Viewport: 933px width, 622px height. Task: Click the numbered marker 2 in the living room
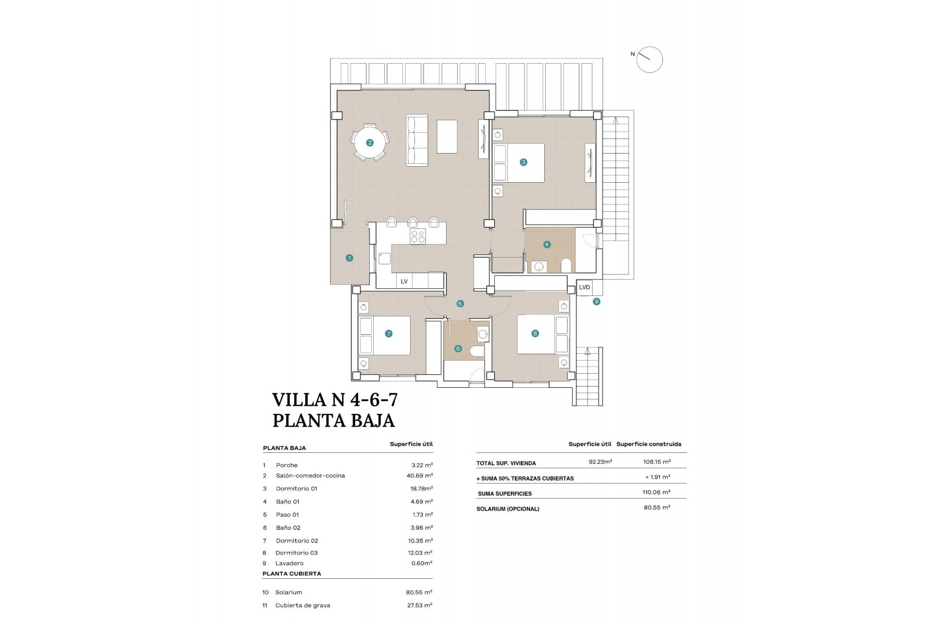pyautogui.click(x=370, y=143)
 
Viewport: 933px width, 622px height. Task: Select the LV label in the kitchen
pyautogui.click(x=404, y=281)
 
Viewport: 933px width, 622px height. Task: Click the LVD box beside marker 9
pyautogui.click(x=585, y=287)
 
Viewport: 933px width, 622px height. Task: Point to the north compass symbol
pyautogui.click(x=649, y=60)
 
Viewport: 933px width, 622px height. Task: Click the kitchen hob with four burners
pyautogui.click(x=418, y=237)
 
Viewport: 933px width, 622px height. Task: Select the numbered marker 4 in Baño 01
pyautogui.click(x=547, y=244)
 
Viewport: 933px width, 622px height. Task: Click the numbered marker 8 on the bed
pyautogui.click(x=535, y=333)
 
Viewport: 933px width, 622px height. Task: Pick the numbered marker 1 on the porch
pyautogui.click(x=349, y=258)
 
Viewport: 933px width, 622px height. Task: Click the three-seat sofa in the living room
pyautogui.click(x=417, y=141)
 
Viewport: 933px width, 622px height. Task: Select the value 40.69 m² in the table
pyautogui.click(x=419, y=476)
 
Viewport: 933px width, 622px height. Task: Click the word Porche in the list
pyautogui.click(x=286, y=465)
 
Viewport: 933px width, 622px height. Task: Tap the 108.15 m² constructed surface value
pyautogui.click(x=656, y=462)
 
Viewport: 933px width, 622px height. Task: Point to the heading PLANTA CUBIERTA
pyautogui.click(x=292, y=573)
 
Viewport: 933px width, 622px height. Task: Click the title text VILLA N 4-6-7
pyautogui.click(x=335, y=399)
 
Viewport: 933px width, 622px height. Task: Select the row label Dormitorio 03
pyautogui.click(x=296, y=553)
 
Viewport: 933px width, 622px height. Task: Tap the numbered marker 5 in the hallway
pyautogui.click(x=460, y=304)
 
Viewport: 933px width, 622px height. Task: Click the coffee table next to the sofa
pyautogui.click(x=447, y=137)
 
